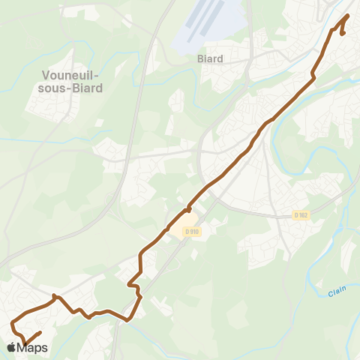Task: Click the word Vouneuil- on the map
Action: (73, 76)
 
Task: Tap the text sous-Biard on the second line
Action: (73, 88)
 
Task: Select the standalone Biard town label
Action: (211, 58)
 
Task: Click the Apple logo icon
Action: (12, 347)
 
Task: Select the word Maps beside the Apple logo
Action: (34, 347)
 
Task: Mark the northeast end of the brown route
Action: (349, 15)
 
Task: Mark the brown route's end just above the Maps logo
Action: (39, 332)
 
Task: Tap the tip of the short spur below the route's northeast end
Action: (343, 34)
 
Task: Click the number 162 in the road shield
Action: (304, 215)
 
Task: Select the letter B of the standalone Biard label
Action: (199, 58)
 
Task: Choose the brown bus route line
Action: (225, 169)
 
